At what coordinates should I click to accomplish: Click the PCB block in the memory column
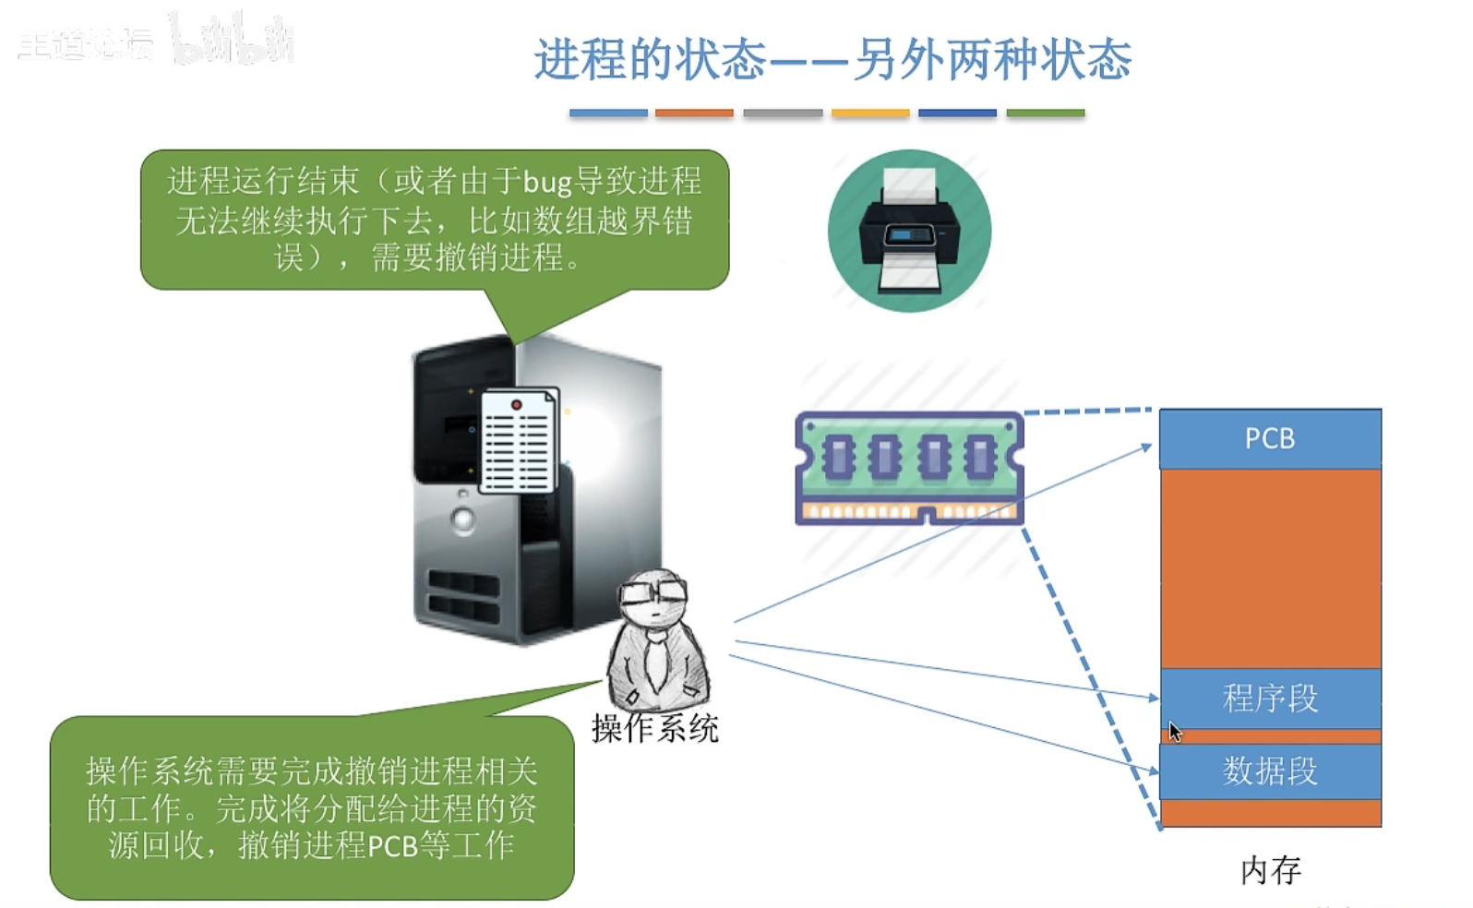[x=1270, y=438]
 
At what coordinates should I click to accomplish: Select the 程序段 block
[x=1270, y=699]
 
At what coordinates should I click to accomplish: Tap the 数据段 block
[x=1270, y=771]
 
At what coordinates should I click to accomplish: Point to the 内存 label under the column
[x=1271, y=870]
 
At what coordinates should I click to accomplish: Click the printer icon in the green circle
[x=909, y=231]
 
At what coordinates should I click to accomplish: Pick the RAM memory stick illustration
[x=909, y=469]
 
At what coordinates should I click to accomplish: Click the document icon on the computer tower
[x=519, y=440]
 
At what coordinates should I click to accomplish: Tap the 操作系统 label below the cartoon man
[x=654, y=729]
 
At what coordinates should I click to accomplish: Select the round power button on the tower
[x=462, y=520]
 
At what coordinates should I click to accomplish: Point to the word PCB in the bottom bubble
[x=392, y=846]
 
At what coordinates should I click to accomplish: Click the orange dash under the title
[x=694, y=113]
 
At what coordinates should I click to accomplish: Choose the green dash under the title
[x=1045, y=113]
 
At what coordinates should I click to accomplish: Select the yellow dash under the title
[x=870, y=113]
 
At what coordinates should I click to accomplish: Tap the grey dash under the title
[x=783, y=113]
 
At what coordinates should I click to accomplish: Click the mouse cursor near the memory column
[x=1174, y=732]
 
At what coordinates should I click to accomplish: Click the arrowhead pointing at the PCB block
[x=1147, y=448]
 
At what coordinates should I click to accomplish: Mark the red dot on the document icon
[x=517, y=404]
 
